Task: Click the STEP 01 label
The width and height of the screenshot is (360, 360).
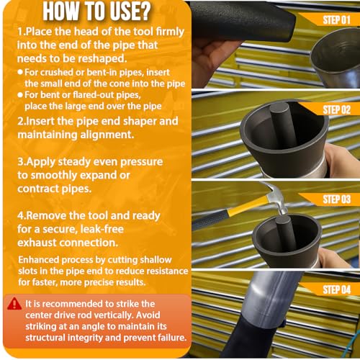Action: pyautogui.click(x=337, y=20)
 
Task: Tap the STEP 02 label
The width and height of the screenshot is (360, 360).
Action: pyautogui.click(x=337, y=109)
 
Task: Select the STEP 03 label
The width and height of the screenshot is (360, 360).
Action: pyautogui.click(x=337, y=199)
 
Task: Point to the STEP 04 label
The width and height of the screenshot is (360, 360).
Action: pyautogui.click(x=337, y=289)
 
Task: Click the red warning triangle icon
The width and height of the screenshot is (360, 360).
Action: pyautogui.click(x=14, y=304)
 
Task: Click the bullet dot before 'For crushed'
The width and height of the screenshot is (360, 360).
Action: pyautogui.click(x=20, y=72)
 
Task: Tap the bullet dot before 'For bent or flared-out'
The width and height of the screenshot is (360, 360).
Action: pyautogui.click(x=20, y=95)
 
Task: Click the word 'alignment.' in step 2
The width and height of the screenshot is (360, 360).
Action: pyautogui.click(x=107, y=135)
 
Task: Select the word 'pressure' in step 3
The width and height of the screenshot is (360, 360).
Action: pyautogui.click(x=142, y=162)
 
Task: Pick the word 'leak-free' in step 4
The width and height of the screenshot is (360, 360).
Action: pyautogui.click(x=102, y=229)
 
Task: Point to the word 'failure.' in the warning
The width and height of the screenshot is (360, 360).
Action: pyautogui.click(x=172, y=338)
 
